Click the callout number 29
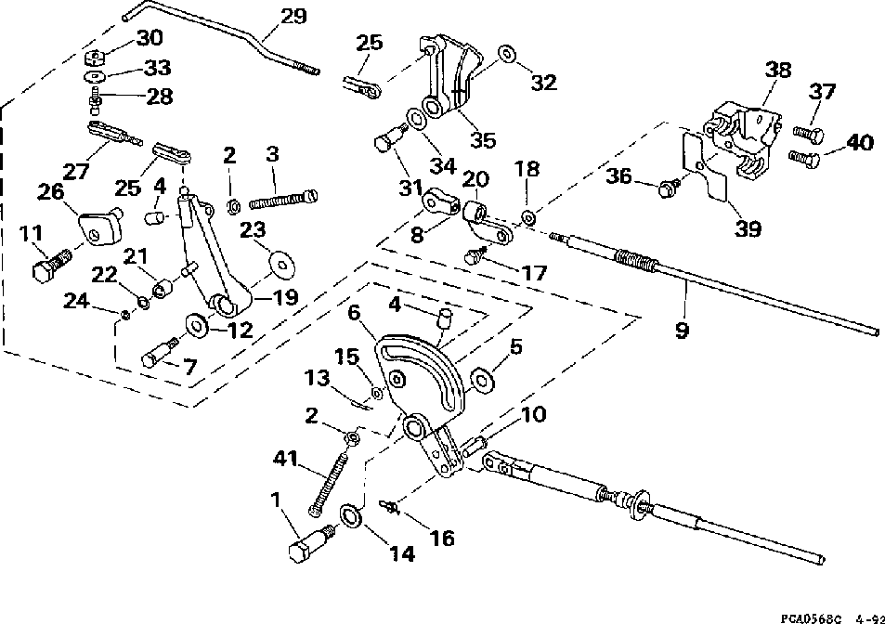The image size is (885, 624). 293,16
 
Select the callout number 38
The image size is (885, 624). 778,70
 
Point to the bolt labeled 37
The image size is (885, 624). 808,135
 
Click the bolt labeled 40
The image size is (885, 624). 803,158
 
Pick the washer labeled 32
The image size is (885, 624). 506,55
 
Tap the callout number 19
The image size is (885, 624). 285,297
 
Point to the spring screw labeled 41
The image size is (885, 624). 326,486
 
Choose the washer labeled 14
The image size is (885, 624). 351,516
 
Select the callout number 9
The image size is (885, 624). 682,330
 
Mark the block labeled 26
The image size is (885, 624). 100,227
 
